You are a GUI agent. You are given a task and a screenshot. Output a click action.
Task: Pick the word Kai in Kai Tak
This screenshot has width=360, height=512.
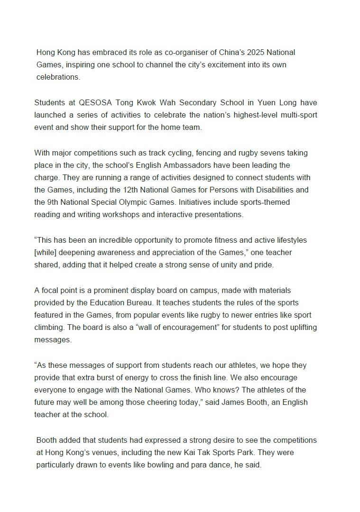tap(221, 452)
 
